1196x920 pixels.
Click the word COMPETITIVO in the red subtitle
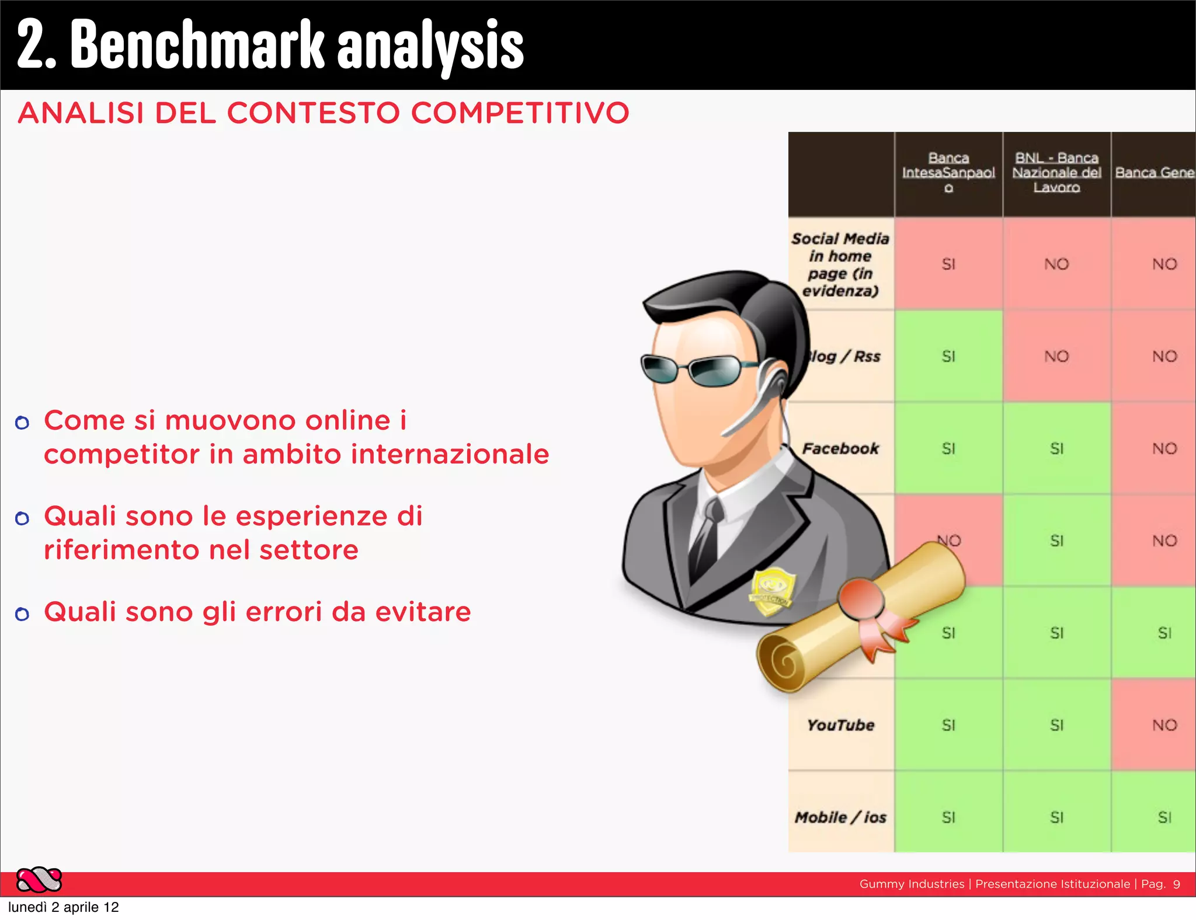tap(520, 113)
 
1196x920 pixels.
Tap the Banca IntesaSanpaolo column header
tap(948, 173)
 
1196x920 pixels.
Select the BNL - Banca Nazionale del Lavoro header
tap(1056, 173)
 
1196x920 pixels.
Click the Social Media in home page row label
tap(840, 264)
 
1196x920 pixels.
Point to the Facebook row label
tap(840, 448)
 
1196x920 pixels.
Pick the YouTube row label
tap(840, 725)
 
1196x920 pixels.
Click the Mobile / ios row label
tap(840, 817)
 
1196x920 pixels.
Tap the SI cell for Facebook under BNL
tap(1056, 448)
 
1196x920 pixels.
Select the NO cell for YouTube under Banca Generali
tap(1164, 725)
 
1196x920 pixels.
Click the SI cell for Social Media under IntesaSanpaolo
tap(948, 264)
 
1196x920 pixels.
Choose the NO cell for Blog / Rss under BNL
tap(1056, 356)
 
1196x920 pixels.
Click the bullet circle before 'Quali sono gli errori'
tap(22, 614)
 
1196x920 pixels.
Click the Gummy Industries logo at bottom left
tap(39, 880)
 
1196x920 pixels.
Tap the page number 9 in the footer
tap(1176, 884)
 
